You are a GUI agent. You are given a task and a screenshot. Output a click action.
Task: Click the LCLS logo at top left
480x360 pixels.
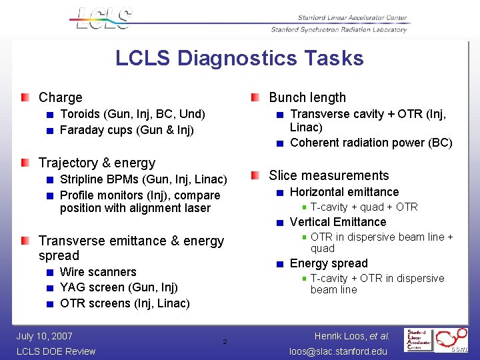click(x=102, y=18)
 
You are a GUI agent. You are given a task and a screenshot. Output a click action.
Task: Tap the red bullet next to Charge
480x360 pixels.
click(x=25, y=97)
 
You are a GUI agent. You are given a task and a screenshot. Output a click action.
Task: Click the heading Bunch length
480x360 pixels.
click(x=307, y=97)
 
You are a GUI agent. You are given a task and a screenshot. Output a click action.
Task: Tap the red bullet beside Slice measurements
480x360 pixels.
click(x=256, y=175)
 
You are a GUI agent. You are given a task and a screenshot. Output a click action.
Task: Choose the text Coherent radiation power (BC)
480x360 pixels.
click(x=371, y=143)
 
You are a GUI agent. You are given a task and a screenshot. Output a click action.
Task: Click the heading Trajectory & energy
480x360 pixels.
click(x=97, y=163)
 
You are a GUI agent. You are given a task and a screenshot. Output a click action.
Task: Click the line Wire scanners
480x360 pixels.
click(x=98, y=272)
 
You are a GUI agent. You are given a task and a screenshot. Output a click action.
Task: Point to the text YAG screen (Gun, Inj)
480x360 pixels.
click(x=119, y=287)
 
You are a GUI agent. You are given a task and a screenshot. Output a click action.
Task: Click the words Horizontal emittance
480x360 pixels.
click(x=344, y=192)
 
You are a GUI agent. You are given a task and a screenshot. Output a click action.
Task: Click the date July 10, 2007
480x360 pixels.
click(x=45, y=336)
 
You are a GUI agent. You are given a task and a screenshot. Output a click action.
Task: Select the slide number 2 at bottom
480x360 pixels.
click(x=225, y=342)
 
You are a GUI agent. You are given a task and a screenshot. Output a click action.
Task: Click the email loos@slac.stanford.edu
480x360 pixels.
click(x=337, y=351)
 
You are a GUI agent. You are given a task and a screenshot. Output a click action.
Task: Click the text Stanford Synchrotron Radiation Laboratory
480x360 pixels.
click(x=339, y=29)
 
